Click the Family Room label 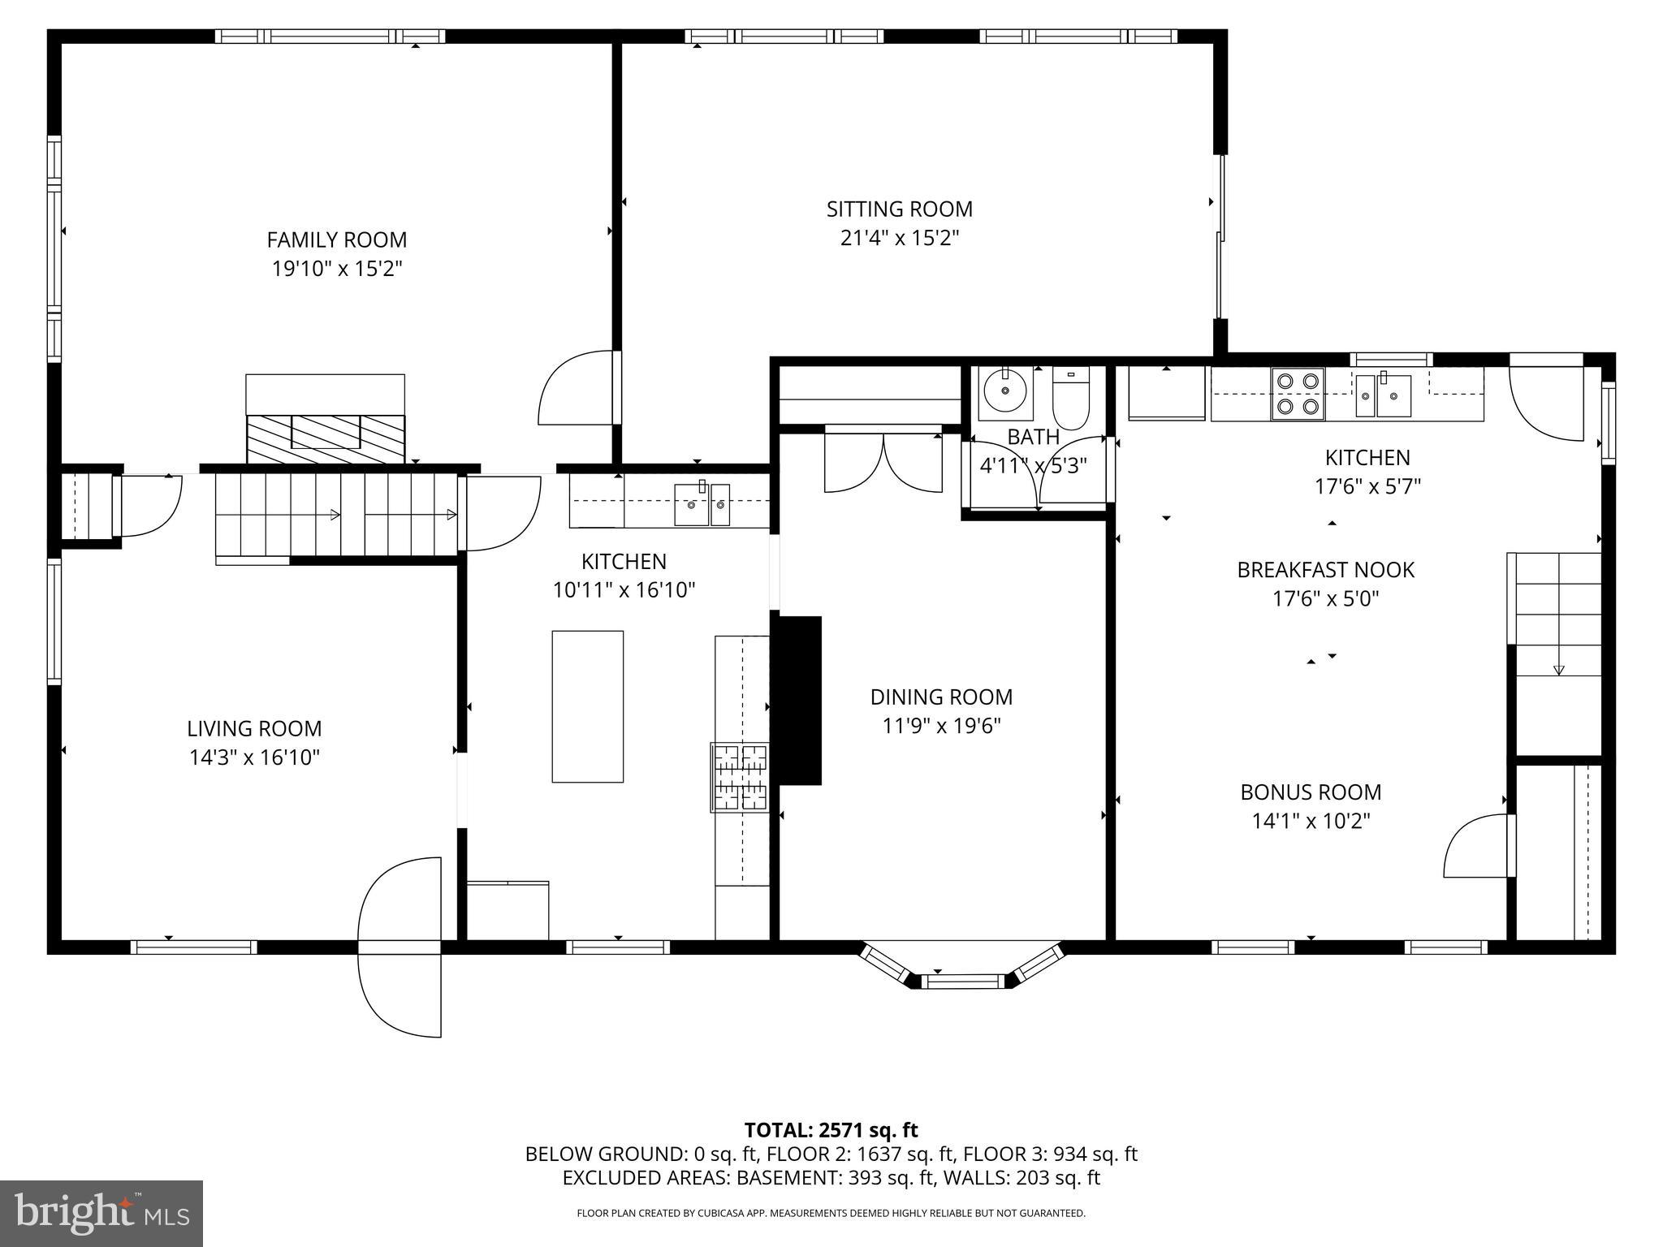(x=337, y=239)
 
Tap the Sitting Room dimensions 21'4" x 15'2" (x=900, y=239)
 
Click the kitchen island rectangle (x=587, y=706)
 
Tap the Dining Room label (x=941, y=697)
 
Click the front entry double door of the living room (x=400, y=947)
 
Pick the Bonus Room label (x=1311, y=792)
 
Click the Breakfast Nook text (x=1325, y=570)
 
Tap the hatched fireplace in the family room (x=326, y=438)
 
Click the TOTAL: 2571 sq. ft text (x=831, y=1130)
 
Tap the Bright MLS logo (x=102, y=1213)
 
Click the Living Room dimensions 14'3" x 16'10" (x=254, y=757)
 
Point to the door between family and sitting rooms (x=578, y=388)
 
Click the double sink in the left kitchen (x=702, y=504)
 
